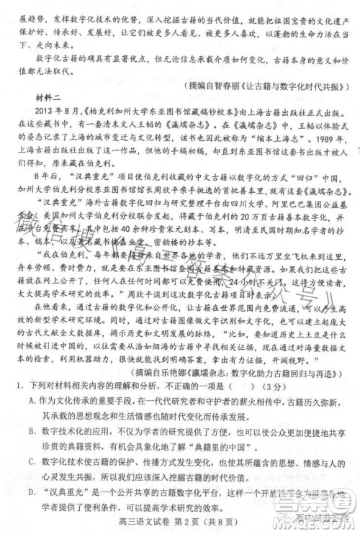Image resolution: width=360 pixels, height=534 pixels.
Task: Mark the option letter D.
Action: [x=33, y=499]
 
